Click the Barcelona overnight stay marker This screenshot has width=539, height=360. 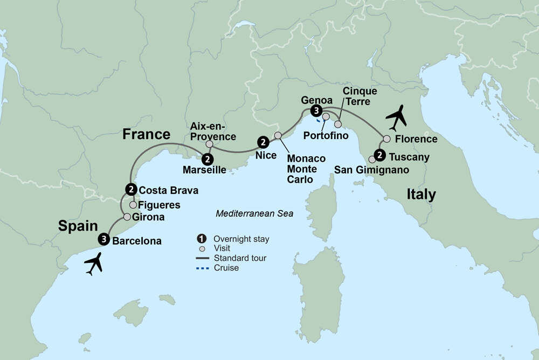click(102, 239)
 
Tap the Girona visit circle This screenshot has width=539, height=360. click(127, 217)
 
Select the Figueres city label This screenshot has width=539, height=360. click(159, 205)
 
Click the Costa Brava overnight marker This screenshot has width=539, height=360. click(130, 189)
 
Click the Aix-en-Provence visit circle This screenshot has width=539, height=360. click(209, 144)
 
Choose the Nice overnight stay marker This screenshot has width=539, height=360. click(262, 142)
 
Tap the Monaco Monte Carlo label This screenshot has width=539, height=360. click(306, 169)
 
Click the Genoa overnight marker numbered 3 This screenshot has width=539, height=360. click(315, 111)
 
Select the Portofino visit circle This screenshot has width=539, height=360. click(326, 116)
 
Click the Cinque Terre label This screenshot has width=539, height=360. click(360, 96)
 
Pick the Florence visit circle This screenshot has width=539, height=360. click(386, 139)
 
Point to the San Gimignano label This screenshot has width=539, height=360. click(372, 170)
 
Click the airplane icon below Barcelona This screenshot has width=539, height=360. click(95, 264)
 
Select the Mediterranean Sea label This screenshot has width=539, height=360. click(254, 213)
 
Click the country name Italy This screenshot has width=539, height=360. click(421, 194)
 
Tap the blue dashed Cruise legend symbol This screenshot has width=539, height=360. click(202, 268)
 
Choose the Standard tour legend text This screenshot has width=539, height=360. click(240, 258)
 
